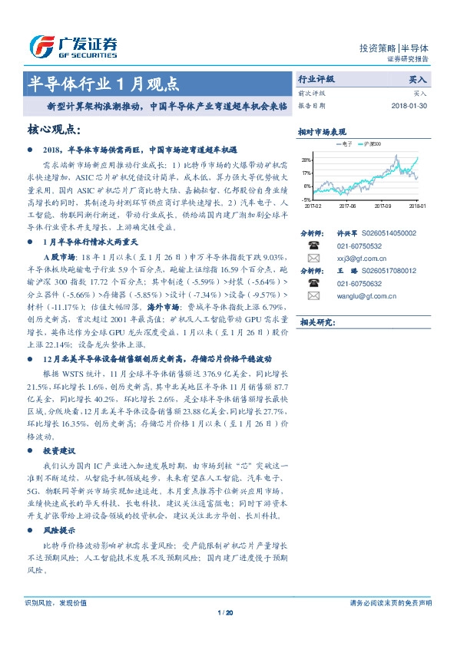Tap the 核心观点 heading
(58, 130)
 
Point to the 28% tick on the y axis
(306, 160)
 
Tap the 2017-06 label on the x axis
(347, 206)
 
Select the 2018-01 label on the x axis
(417, 206)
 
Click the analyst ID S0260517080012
(388, 271)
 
